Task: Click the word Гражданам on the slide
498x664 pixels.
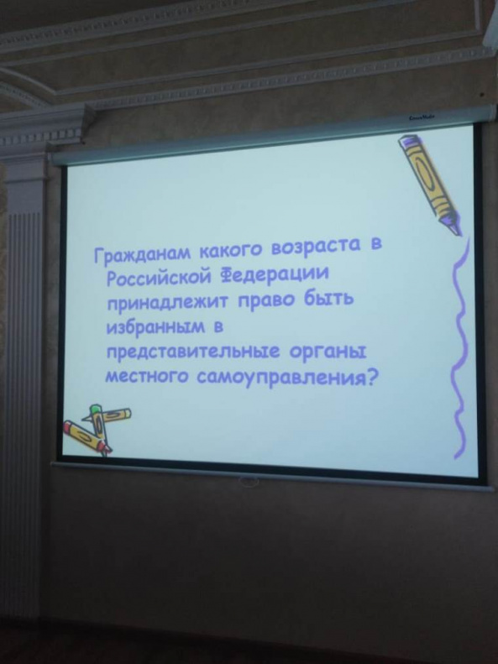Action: pos(143,254)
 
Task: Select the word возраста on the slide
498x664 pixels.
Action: pos(316,247)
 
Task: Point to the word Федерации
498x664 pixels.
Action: pos(274,274)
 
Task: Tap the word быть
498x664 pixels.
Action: pos(328,299)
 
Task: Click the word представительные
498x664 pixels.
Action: pos(192,353)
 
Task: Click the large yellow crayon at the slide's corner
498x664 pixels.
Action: pos(429,184)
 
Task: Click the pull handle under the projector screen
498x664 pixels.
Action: pos(249,482)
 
